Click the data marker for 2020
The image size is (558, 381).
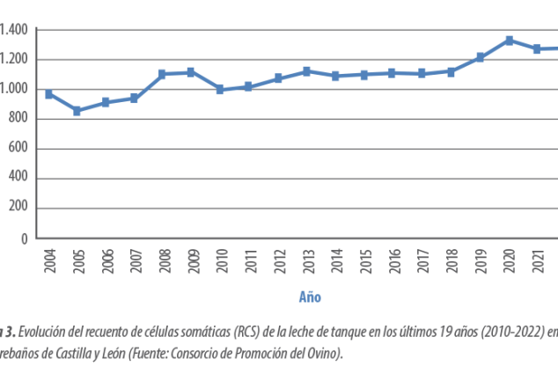(x=509, y=40)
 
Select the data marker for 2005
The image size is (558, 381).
(x=77, y=112)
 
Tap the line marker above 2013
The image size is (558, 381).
(x=306, y=70)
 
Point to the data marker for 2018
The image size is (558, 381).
(x=451, y=71)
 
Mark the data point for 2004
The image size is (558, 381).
(x=49, y=94)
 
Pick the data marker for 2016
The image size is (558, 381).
(x=393, y=73)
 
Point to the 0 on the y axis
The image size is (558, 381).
(x=25, y=238)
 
